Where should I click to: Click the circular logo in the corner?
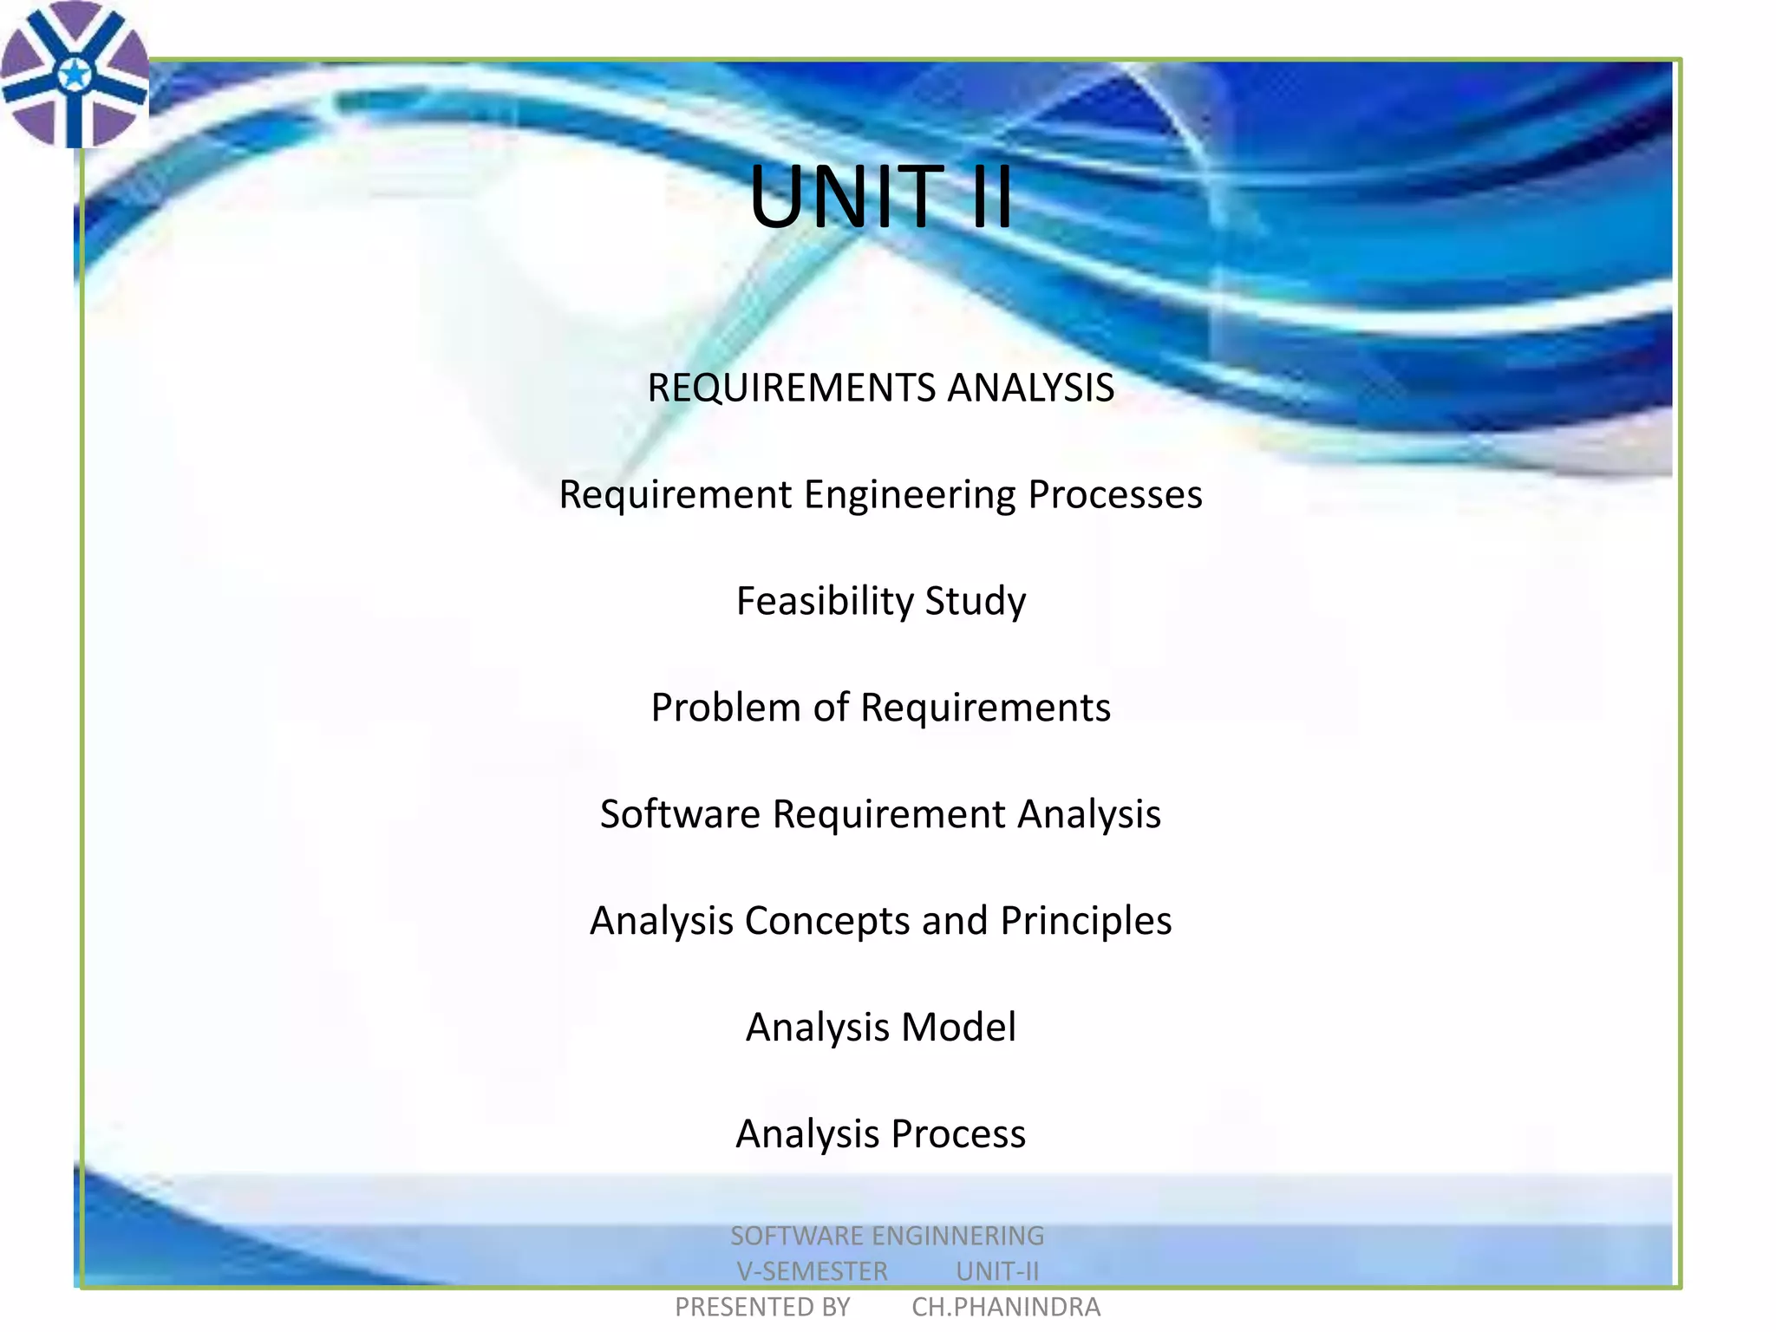click(x=75, y=75)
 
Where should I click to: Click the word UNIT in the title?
click(x=846, y=198)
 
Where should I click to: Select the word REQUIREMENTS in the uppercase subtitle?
click(x=791, y=388)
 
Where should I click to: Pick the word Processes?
click(x=1115, y=495)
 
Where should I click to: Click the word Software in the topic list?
click(x=680, y=814)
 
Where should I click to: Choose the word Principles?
click(x=1086, y=922)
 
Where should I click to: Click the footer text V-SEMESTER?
click(x=812, y=1271)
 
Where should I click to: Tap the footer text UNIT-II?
click(x=997, y=1271)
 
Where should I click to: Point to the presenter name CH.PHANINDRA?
click(x=1006, y=1307)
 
